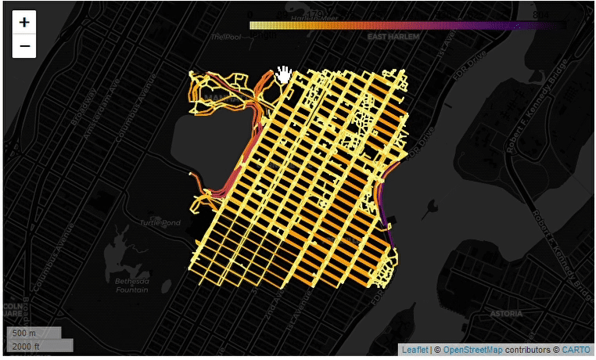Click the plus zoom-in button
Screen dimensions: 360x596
coord(24,23)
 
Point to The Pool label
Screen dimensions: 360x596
coord(227,37)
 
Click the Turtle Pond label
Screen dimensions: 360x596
coord(160,223)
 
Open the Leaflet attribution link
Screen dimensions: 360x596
coord(415,350)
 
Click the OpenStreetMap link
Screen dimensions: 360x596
coord(472,350)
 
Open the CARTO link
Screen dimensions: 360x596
coord(576,350)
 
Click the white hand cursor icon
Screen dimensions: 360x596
coord(284,75)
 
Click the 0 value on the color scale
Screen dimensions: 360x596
coord(250,15)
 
